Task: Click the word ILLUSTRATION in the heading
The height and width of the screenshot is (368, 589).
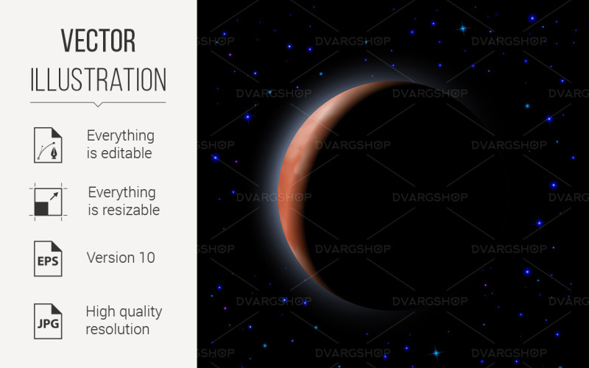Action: (99, 79)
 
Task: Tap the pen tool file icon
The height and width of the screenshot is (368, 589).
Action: (48, 144)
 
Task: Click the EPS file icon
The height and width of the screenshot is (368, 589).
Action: (48, 258)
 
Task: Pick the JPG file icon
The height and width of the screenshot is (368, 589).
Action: (48, 321)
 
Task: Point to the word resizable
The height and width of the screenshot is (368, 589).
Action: (130, 210)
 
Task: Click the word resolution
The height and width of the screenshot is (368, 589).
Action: (118, 329)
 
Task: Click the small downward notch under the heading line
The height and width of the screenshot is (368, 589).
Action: (99, 105)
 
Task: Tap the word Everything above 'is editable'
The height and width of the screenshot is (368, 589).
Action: (121, 135)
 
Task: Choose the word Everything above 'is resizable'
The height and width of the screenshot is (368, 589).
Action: (122, 192)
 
